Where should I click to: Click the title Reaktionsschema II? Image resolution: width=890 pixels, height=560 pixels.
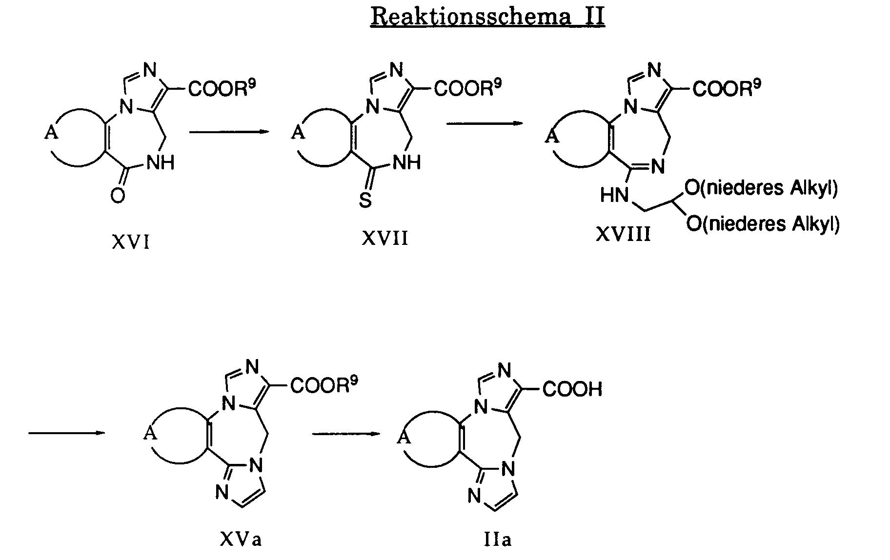point(487,17)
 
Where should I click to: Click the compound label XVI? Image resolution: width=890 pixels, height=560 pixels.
point(130,242)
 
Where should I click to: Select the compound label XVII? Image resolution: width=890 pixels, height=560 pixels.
point(385,239)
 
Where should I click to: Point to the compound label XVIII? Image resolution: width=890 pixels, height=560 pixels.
point(623,235)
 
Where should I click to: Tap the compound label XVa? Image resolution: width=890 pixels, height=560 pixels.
point(241,540)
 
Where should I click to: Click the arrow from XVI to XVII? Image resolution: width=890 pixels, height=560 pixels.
point(229,131)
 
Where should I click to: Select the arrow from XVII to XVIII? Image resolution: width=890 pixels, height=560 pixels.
point(485,124)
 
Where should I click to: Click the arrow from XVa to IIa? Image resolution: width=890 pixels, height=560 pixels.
point(346,433)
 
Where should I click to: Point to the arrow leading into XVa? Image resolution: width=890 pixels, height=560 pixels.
point(66,433)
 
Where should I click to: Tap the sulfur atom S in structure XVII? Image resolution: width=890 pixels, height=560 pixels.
point(365,200)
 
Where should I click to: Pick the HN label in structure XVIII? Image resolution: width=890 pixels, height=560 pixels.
point(614,196)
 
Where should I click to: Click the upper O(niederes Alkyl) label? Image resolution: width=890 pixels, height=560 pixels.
point(761,188)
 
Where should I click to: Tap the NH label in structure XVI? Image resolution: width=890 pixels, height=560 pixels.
point(161,163)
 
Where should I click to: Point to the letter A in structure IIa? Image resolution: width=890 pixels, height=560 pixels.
point(403,438)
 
